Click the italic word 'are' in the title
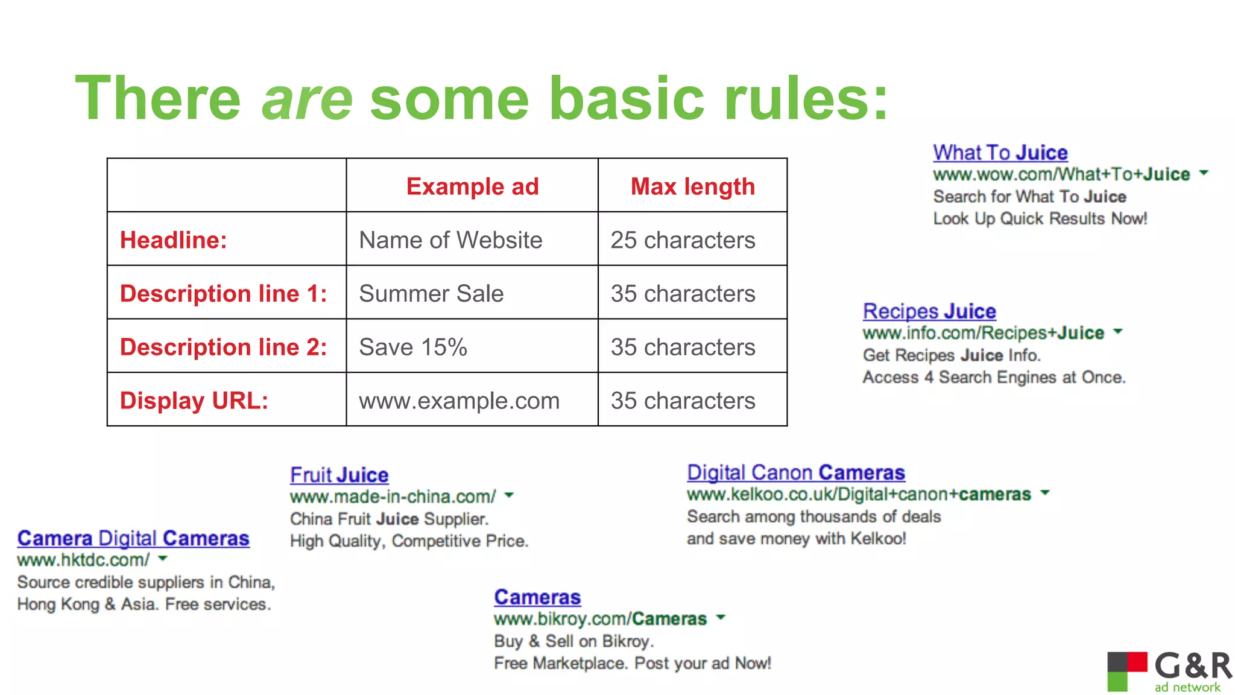pyautogui.click(x=307, y=99)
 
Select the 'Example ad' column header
pyautogui.click(x=472, y=186)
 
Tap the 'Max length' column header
pyautogui.click(x=692, y=186)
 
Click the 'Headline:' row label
pyautogui.click(x=174, y=240)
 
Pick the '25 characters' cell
pyautogui.click(x=683, y=240)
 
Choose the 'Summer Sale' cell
pyautogui.click(x=431, y=294)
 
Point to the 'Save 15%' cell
pyautogui.click(x=413, y=347)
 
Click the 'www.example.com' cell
pyautogui.click(x=459, y=401)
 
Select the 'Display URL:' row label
pyautogui.click(x=194, y=401)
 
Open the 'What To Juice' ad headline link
pyautogui.click(x=1000, y=153)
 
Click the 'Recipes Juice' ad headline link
pyautogui.click(x=929, y=311)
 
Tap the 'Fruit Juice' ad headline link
pyautogui.click(x=339, y=475)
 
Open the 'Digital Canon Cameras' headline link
pyautogui.click(x=795, y=472)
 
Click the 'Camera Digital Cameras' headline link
pyautogui.click(x=133, y=538)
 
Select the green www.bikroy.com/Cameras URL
pyautogui.click(x=600, y=619)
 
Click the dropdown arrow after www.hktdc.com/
pyautogui.click(x=162, y=559)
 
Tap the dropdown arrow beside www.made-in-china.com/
pyautogui.click(x=509, y=495)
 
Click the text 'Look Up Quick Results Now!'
pyautogui.click(x=1040, y=218)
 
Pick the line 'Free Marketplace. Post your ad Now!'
pyautogui.click(x=632, y=663)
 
